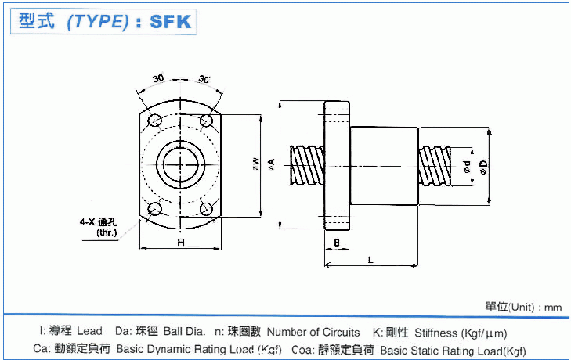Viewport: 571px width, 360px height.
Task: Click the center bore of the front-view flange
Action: pyautogui.click(x=180, y=164)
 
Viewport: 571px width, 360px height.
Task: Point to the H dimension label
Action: pyautogui.click(x=180, y=243)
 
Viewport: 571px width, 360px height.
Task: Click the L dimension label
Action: pyautogui.click(x=370, y=258)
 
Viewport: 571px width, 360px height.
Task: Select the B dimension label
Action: pyautogui.click(x=336, y=243)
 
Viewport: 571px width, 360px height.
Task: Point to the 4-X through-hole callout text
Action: pyautogui.click(x=103, y=226)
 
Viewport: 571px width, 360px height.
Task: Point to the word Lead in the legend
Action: pyautogui.click(x=89, y=333)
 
